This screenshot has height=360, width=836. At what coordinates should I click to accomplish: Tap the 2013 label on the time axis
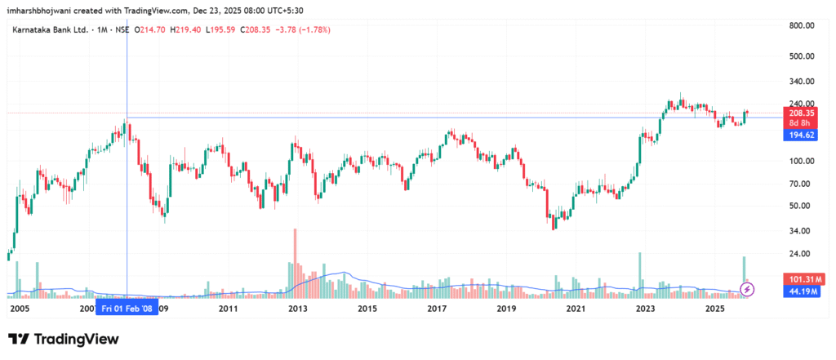pyautogui.click(x=298, y=309)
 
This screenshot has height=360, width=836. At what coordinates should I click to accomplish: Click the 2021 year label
pyautogui.click(x=576, y=309)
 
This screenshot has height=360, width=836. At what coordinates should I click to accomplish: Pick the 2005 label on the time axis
pyautogui.click(x=20, y=309)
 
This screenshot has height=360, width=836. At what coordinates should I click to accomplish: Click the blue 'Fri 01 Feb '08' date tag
pyautogui.click(x=126, y=309)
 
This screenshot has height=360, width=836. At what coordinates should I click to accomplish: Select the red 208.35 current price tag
pyautogui.click(x=802, y=112)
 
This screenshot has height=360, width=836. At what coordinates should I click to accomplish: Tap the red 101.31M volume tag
pyautogui.click(x=802, y=278)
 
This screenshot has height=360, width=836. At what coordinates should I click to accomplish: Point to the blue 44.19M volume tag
pyautogui.click(x=802, y=291)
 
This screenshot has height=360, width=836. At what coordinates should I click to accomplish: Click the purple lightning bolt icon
pyautogui.click(x=747, y=288)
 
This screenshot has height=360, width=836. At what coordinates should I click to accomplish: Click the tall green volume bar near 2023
pyautogui.click(x=640, y=273)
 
